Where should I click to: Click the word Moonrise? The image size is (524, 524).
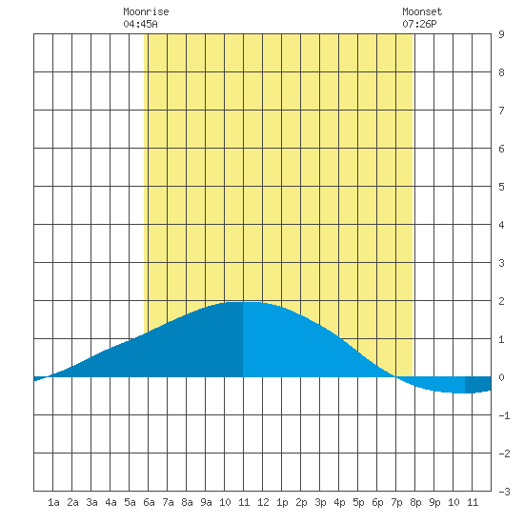146,11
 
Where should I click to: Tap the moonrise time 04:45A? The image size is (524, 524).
140,24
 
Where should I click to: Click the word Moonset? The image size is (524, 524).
422,11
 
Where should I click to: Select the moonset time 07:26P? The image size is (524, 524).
419,24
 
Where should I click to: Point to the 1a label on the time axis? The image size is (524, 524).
53,502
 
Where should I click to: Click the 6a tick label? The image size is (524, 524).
149,502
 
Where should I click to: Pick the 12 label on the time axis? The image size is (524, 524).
263,502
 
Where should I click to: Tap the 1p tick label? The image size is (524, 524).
282,502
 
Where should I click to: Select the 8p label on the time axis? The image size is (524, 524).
415,502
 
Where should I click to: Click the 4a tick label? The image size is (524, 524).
111,502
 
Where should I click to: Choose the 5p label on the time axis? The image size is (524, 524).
358,502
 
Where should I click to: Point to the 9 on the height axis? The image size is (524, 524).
501,34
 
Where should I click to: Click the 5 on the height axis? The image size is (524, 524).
501,187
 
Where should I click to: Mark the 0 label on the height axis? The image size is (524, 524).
501,377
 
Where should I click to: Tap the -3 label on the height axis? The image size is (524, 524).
504,492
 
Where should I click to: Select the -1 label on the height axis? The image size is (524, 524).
504,415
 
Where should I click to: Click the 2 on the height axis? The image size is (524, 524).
501,301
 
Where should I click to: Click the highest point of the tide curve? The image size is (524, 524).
243,302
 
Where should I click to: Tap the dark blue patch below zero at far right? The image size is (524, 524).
478,384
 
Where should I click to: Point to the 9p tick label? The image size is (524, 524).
434,502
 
